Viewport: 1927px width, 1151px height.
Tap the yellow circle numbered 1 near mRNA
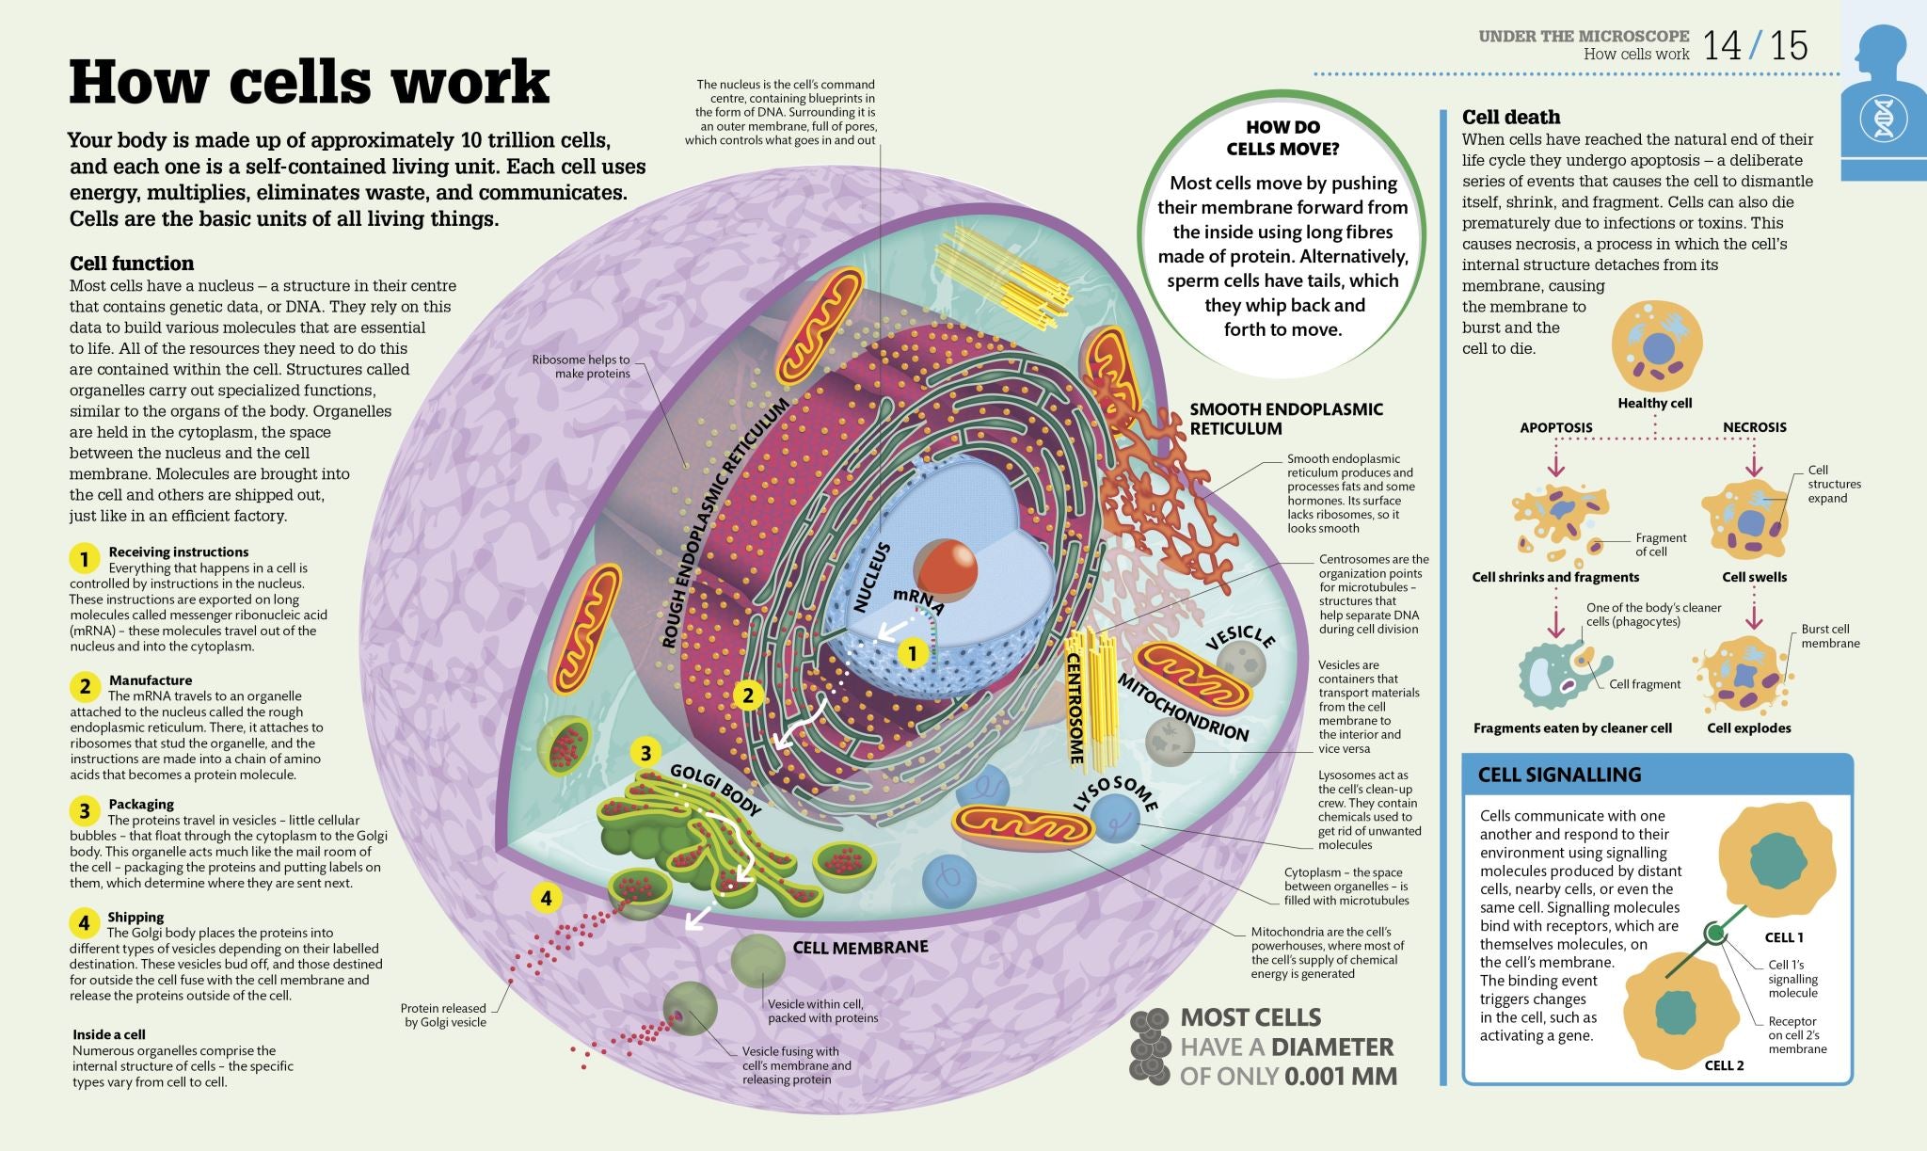pyautogui.click(x=912, y=652)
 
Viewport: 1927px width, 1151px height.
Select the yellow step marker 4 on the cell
pyautogui.click(x=546, y=898)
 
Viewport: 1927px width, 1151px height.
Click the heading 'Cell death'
pyautogui.click(x=1510, y=117)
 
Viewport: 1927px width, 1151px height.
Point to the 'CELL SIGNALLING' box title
pyautogui.click(x=1558, y=775)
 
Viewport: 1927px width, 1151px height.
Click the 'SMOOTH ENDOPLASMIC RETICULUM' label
pyautogui.click(x=1285, y=419)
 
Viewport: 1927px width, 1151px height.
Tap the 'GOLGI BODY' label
pyautogui.click(x=715, y=789)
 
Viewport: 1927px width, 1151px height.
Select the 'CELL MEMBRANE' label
pyautogui.click(x=860, y=947)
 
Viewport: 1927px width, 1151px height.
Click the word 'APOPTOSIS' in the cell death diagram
pyautogui.click(x=1555, y=427)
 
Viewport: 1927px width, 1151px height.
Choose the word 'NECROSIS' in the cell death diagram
pyautogui.click(x=1754, y=427)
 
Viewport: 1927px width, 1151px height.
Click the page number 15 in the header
pyautogui.click(x=1789, y=45)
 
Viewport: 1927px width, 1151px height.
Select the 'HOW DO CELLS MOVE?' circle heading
pyautogui.click(x=1282, y=137)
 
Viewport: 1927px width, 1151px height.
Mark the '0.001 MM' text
pyautogui.click(x=1341, y=1076)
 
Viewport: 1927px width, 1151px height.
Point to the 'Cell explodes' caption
pyautogui.click(x=1748, y=727)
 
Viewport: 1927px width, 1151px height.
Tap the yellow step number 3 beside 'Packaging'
pyautogui.click(x=84, y=810)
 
